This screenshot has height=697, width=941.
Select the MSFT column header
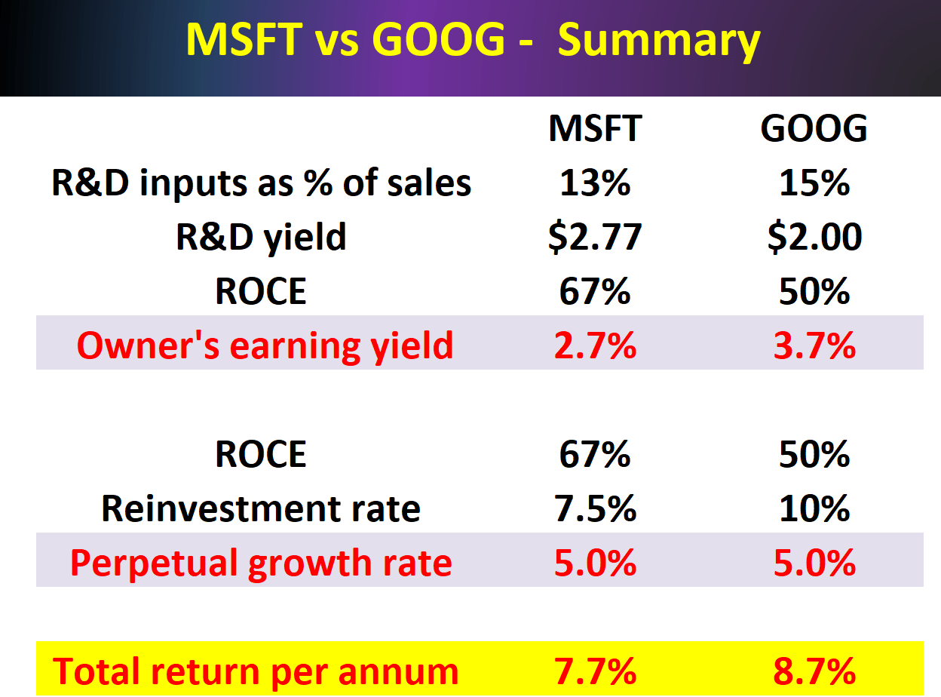595,129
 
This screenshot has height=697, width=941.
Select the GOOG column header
814,129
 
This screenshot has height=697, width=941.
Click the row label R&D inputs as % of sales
261,183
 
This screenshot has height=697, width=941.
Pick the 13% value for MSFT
595,183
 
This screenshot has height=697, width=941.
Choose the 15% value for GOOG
814,183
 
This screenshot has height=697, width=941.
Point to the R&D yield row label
261,238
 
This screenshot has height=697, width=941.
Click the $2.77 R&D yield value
595,238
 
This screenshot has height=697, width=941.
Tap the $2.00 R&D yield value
814,238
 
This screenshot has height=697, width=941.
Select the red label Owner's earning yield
265,345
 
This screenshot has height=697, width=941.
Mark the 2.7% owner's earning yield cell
595,345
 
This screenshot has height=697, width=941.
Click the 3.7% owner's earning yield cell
814,345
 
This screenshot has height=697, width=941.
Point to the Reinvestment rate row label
261,508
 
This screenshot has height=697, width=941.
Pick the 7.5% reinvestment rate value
595,508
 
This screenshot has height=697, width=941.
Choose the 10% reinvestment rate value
814,508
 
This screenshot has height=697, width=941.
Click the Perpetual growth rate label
261,563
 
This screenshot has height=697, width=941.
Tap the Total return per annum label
256,671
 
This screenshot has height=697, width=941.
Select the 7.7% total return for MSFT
595,671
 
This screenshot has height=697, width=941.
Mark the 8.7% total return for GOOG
814,671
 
